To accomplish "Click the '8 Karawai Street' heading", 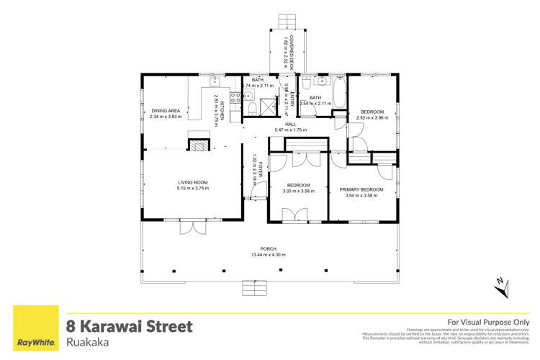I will pyautogui.click(x=130, y=326).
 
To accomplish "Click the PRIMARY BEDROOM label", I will pyautogui.click(x=361, y=190).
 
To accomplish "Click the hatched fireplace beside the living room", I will pyautogui.click(x=197, y=145).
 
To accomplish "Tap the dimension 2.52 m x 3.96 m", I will pyautogui.click(x=372, y=117).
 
